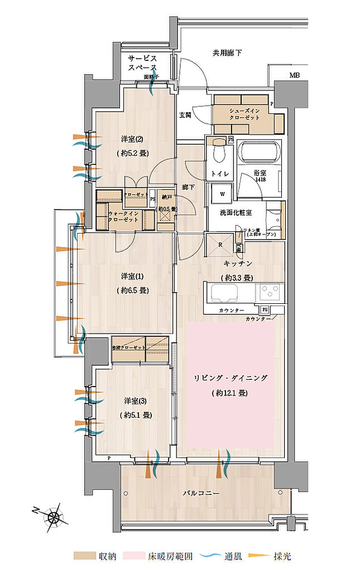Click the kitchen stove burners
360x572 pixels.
[270, 292]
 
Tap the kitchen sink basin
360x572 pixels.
[223, 292]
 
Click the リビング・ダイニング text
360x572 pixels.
[231, 378]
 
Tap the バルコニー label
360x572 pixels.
[199, 493]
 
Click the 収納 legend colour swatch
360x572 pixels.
[84, 556]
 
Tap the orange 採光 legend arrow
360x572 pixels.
[253, 556]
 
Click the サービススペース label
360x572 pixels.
[142, 63]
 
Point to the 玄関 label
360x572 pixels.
[185, 115]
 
